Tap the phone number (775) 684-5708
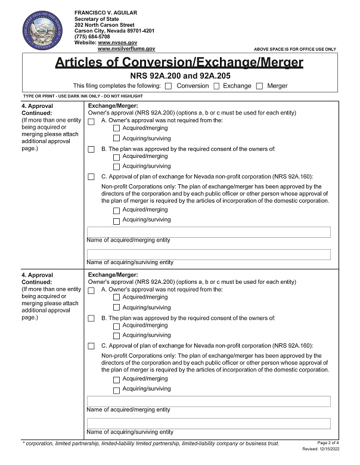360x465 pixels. [x=92, y=37]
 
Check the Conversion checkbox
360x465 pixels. [x=168, y=86]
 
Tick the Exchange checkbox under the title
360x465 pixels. [x=217, y=86]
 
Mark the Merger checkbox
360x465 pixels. [x=259, y=86]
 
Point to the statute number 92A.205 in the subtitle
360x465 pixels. [x=213, y=76]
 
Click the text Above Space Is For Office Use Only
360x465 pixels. [x=295, y=49]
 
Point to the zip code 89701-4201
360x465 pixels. [x=138, y=31]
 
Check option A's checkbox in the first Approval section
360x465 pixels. [x=91, y=122]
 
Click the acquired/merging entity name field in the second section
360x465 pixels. [x=209, y=401]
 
